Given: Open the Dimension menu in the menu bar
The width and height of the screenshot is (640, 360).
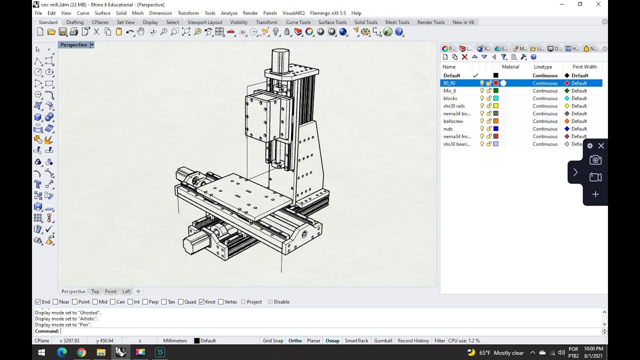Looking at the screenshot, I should click(160, 13).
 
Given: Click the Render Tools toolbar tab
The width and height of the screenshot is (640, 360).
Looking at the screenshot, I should click(430, 22).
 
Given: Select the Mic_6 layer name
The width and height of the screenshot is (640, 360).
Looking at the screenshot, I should click(449, 91).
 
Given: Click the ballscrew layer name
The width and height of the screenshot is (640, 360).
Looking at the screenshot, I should click(453, 121).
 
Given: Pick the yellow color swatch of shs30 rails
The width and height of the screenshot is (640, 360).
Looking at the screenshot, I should click(496, 106).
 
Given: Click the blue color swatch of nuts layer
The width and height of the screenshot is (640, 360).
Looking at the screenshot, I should click(496, 129).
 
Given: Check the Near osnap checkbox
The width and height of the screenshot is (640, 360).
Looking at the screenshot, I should click(56, 302).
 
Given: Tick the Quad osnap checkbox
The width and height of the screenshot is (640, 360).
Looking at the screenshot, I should click(181, 302).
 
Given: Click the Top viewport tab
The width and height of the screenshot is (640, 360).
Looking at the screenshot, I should click(95, 291).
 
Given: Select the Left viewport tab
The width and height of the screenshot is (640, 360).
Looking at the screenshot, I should click(126, 291).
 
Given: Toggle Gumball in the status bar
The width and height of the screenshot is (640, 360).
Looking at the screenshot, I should click(383, 340).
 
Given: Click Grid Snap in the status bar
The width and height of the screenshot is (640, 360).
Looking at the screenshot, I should click(273, 340).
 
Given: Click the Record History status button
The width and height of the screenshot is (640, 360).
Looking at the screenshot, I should click(413, 340).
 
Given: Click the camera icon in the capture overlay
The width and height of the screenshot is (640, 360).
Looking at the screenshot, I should click(595, 160).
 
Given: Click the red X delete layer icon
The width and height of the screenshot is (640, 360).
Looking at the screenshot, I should click(464, 57).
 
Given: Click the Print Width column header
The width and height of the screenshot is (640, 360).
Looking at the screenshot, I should click(584, 67).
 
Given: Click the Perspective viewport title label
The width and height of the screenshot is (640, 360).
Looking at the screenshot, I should click(73, 45).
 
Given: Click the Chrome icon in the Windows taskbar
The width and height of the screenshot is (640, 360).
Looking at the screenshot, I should click(81, 352).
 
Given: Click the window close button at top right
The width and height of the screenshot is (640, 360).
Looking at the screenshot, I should click(598, 4).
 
